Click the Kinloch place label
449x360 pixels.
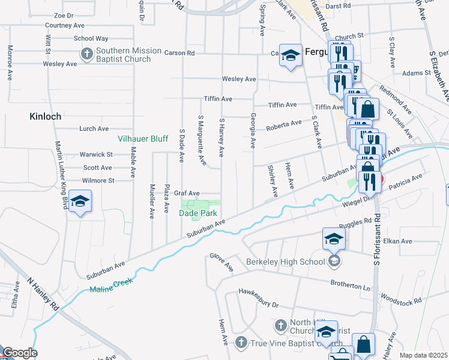(x=45, y=116)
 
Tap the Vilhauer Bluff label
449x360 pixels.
(x=142, y=139)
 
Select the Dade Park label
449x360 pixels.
(x=198, y=213)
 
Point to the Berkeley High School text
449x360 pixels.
(x=285, y=261)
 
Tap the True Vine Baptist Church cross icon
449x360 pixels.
(x=241, y=342)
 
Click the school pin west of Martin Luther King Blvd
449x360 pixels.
(x=80, y=202)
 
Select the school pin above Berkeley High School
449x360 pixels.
(x=334, y=239)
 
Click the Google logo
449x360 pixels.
(x=19, y=353)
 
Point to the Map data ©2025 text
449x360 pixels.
(x=423, y=355)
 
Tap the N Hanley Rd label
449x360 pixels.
(x=44, y=293)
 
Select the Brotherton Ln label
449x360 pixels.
(x=350, y=284)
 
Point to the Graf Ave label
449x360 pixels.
(x=186, y=193)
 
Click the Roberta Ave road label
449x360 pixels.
(x=284, y=124)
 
